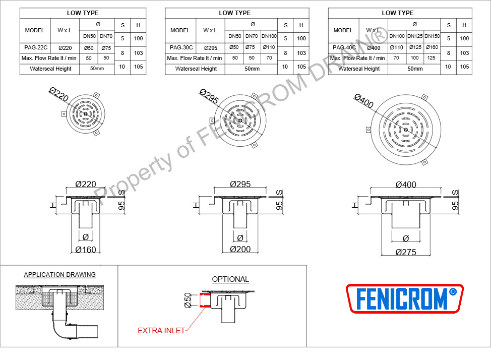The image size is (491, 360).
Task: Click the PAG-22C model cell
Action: point(36,47)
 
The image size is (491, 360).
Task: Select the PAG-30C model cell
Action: point(181,47)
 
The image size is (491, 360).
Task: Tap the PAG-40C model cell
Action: point(344,47)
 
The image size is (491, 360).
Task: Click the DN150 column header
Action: point(432,36)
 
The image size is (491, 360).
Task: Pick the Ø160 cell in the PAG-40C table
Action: point(432,47)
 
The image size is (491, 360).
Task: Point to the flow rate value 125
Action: point(431,57)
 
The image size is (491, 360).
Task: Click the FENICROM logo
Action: point(405,298)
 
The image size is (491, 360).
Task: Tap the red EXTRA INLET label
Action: point(161,331)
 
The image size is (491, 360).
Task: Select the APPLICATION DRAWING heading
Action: point(60,274)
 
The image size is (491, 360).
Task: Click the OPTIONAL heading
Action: point(230,279)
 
